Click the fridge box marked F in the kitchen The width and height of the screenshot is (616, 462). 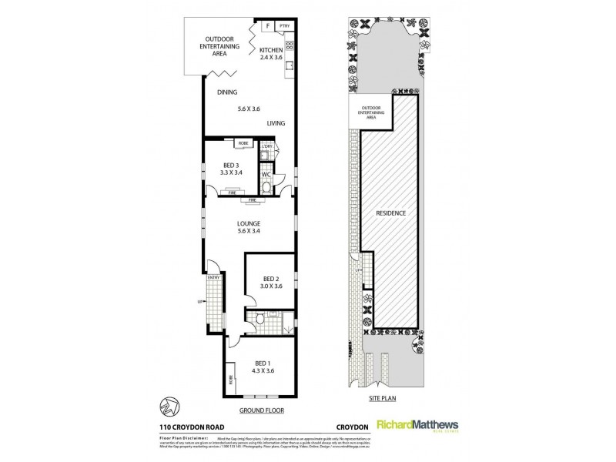coord(267,25)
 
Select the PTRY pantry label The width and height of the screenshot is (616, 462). coord(284,25)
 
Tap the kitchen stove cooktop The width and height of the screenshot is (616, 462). coord(290,45)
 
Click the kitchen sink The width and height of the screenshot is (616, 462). coord(290,66)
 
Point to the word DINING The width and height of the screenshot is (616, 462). coord(226,92)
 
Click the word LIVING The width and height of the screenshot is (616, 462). coord(277,123)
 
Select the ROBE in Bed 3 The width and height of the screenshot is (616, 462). coord(243,143)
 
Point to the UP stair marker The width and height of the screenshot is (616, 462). coord(201,301)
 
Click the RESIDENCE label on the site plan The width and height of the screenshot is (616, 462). coord(391,213)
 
